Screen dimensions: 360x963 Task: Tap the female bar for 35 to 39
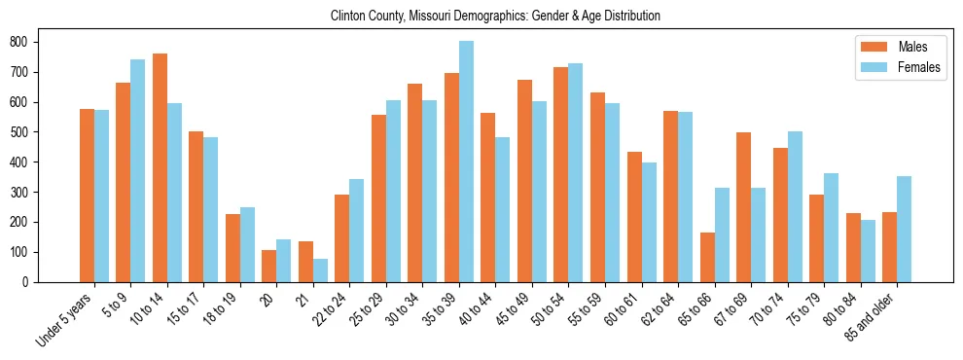click(466, 162)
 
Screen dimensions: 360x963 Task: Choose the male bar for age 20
click(269, 266)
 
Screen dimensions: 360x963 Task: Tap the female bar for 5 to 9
click(138, 170)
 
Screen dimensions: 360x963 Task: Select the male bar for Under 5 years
click(87, 196)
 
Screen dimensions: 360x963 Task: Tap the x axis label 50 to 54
click(545, 310)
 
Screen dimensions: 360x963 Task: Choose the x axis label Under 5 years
click(65, 319)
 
